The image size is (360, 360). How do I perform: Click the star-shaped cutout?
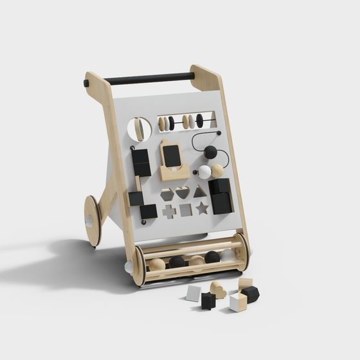pos(203,208)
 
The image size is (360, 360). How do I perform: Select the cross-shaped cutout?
pos(169,211)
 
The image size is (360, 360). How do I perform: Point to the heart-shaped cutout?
pos(183,192)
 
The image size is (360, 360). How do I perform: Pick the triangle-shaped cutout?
pos(200,191)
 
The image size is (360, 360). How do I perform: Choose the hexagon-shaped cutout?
pos(167,194)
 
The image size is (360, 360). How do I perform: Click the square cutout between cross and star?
pos(186,210)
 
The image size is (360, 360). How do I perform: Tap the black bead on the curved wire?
pos(210,152)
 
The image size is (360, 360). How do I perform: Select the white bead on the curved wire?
pos(204,172)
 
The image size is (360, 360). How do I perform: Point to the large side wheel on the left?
pos(93,221)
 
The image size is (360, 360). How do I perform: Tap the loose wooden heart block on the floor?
pos(219,290)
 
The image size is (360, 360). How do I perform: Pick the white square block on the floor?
pos(194,294)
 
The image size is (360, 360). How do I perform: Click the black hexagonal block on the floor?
pos(250,294)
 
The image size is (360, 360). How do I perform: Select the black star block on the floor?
pos(208,300)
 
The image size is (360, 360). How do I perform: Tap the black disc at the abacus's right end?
pos(199,120)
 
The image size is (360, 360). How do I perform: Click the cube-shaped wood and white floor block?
pos(238,301)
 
